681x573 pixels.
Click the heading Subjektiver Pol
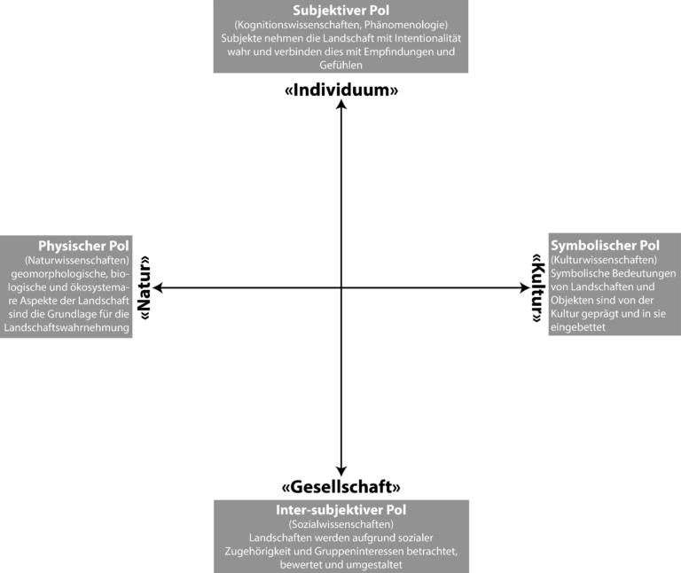tap(340, 11)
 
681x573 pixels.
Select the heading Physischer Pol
tap(83, 246)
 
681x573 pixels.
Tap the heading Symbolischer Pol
tap(605, 246)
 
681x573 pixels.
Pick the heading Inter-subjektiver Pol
tap(340, 509)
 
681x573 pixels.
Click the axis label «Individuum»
tap(341, 90)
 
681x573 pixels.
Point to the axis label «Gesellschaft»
tap(340, 487)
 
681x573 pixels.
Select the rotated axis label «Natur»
tap(144, 287)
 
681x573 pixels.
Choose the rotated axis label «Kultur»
tap(538, 287)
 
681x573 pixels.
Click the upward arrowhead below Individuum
tap(341, 105)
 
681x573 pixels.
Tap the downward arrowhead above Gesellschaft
tap(341, 471)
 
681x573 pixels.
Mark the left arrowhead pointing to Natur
tap(158, 287)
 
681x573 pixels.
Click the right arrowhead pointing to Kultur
tap(525, 287)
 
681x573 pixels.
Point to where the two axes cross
tap(341, 287)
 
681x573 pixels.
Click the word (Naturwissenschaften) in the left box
tap(77, 260)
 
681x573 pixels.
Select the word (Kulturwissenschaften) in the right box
tap(604, 260)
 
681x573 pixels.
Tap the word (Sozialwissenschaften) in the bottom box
tap(340, 524)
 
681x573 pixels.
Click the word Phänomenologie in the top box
tap(406, 25)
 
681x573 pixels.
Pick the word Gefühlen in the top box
tap(340, 65)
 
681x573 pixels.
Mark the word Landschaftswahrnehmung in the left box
tap(67, 327)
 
